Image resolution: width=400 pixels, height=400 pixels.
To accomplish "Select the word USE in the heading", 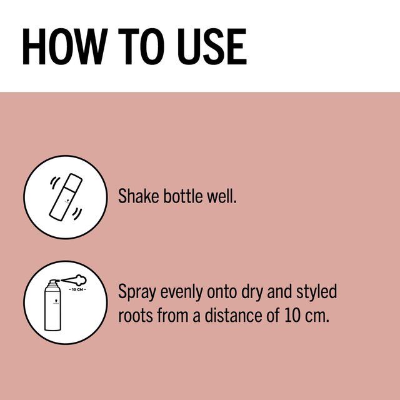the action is (x=212, y=46).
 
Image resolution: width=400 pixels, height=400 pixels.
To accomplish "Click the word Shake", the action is (x=139, y=196).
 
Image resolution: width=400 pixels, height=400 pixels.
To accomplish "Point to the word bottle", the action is (x=182, y=196).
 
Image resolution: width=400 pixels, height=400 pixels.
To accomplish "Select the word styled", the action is (x=316, y=292).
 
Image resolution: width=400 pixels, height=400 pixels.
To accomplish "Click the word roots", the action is (x=136, y=315).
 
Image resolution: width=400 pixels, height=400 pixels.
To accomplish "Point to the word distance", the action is (x=233, y=315).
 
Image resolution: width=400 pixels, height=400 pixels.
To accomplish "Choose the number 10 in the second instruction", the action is (x=292, y=315).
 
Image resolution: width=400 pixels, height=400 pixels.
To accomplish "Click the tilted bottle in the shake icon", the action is (x=66, y=196).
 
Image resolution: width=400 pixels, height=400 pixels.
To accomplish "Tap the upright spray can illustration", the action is (x=52, y=306).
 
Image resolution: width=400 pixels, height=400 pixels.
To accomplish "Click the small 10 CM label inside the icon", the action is (x=77, y=289).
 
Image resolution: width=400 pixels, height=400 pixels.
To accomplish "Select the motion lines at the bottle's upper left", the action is (x=54, y=182).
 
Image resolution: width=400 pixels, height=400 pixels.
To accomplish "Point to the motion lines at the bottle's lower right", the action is (x=77, y=214).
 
